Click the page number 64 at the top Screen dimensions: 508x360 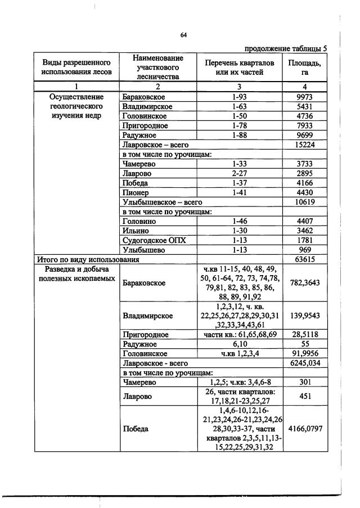(x=183, y=35)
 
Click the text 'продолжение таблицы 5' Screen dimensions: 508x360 (x=285, y=48)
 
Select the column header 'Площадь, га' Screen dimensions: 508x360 (x=304, y=68)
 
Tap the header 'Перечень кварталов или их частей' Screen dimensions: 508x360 (x=240, y=68)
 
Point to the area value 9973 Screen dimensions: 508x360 (x=304, y=97)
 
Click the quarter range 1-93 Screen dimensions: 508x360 (x=240, y=97)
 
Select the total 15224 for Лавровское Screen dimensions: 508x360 (x=304, y=145)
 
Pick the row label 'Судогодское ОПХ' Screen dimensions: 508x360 (x=146, y=240)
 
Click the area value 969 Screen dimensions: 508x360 (x=304, y=250)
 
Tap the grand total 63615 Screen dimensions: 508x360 (x=304, y=259)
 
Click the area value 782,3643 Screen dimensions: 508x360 (x=304, y=283)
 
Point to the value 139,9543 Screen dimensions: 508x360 (x=304, y=316)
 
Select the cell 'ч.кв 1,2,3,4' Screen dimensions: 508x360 (x=240, y=353)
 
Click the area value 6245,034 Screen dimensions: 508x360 (x=304, y=363)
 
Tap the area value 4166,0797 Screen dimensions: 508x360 (x=304, y=429)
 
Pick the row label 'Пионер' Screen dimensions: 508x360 (x=135, y=192)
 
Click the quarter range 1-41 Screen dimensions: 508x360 (x=240, y=192)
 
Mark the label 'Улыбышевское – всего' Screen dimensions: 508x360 (x=162, y=202)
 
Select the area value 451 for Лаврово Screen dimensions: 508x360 (x=304, y=396)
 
